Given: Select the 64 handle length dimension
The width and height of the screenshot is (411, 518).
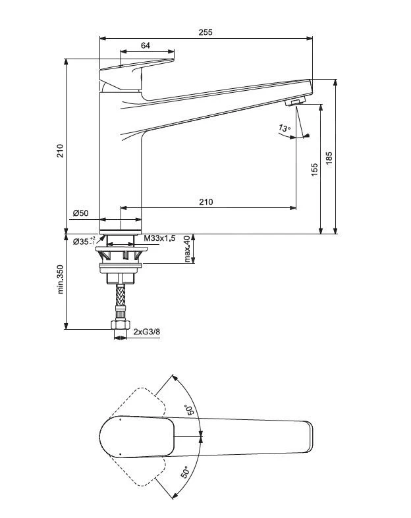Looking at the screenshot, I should pyautogui.click(x=146, y=45).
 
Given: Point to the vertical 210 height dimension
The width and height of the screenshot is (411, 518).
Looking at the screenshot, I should pyautogui.click(x=59, y=150).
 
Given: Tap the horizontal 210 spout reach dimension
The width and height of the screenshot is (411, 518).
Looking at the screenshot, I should pyautogui.click(x=206, y=202).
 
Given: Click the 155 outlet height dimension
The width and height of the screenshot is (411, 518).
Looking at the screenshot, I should pyautogui.click(x=314, y=170).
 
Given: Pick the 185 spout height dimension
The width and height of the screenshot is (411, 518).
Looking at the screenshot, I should pyautogui.click(x=329, y=158).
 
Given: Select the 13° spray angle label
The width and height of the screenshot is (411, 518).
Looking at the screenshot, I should pyautogui.click(x=284, y=128).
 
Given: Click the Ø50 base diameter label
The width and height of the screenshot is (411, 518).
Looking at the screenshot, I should pyautogui.click(x=80, y=213).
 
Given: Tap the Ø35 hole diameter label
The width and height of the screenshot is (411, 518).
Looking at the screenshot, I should pyautogui.click(x=83, y=240).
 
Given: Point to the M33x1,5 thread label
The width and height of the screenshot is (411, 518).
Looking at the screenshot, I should pyautogui.click(x=159, y=238).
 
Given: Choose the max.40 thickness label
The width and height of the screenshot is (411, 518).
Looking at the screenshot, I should pyautogui.click(x=188, y=249).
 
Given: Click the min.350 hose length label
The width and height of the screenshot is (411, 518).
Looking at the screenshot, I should pyautogui.click(x=60, y=280).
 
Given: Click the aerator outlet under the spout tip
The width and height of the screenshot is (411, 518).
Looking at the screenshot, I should pyautogui.click(x=295, y=102).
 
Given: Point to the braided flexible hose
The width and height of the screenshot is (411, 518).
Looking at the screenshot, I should pyautogui.click(x=121, y=301).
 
